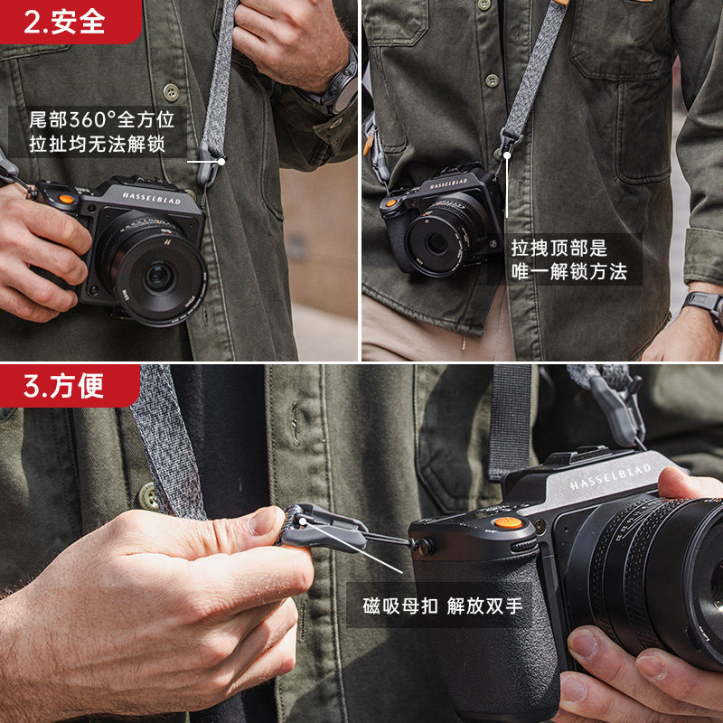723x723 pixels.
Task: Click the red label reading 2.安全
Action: [x=70, y=22]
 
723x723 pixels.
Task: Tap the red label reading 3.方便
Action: [x=69, y=386]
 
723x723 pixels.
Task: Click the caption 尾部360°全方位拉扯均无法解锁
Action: [x=101, y=132]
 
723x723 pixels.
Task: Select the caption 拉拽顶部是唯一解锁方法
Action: [x=569, y=260]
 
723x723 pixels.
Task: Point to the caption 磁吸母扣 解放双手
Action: [x=443, y=606]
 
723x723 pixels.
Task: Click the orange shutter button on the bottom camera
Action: [x=508, y=522]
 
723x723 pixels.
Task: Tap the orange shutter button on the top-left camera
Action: [x=67, y=199]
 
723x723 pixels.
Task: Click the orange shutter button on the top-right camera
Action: [x=391, y=202]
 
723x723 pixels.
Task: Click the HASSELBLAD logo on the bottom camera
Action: [x=609, y=476]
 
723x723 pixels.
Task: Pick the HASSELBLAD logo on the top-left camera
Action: [x=151, y=198]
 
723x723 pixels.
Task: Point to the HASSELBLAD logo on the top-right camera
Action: [x=448, y=184]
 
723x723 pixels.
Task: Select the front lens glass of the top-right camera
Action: [x=436, y=243]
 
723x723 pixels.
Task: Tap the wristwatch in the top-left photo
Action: [x=341, y=85]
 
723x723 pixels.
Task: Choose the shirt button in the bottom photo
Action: [x=148, y=496]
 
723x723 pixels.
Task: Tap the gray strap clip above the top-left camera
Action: [x=210, y=164]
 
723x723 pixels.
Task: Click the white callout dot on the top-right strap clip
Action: [x=507, y=155]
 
